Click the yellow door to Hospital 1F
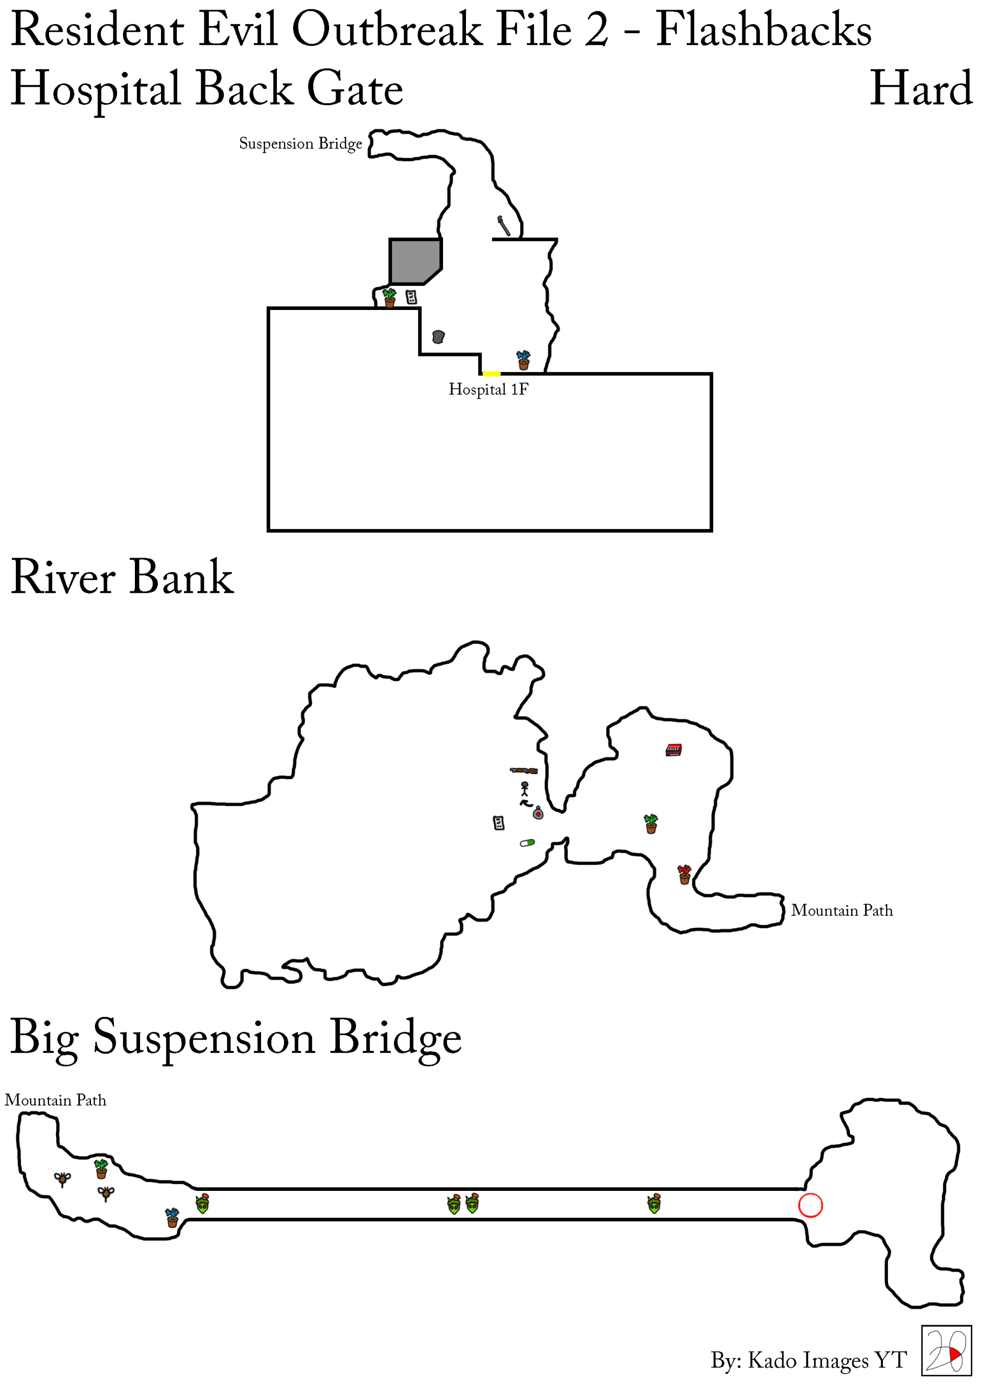click(x=491, y=374)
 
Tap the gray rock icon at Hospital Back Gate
click(x=438, y=337)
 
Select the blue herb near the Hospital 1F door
click(x=523, y=360)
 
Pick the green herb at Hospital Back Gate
click(x=389, y=297)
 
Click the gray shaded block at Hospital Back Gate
click(x=413, y=260)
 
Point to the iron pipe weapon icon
click(x=503, y=225)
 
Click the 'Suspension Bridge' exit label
click(x=300, y=144)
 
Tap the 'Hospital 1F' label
click(x=488, y=390)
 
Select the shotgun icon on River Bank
click(x=523, y=770)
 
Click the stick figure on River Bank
click(x=525, y=788)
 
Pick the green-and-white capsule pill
click(x=527, y=842)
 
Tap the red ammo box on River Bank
click(x=673, y=750)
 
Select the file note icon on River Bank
click(x=499, y=822)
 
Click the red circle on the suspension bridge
click(x=810, y=1205)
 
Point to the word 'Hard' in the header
click(x=921, y=89)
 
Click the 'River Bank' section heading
click(x=122, y=578)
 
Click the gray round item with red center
click(x=538, y=814)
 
